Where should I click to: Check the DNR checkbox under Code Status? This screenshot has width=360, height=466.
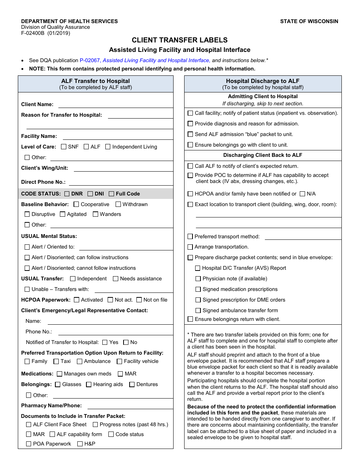coord(67,194)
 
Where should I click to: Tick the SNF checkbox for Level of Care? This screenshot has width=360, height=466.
coord(64,147)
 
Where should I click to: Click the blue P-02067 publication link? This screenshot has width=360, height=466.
coord(90,60)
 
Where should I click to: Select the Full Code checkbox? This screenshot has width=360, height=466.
coord(111,194)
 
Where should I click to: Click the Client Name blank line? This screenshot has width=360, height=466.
coord(115,105)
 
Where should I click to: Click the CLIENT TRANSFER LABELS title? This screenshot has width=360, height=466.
coord(180,40)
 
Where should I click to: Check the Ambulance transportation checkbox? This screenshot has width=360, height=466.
coord(80,361)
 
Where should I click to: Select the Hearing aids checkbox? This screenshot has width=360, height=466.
coord(89,384)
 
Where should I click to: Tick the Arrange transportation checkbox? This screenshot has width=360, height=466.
coord(190,247)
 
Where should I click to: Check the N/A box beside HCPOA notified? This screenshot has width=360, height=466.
coord(302,194)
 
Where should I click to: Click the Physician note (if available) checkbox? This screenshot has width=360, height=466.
coord(198,279)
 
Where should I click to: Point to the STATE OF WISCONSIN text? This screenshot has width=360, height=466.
coord(309,21)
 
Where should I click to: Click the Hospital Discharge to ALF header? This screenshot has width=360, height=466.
coord(263,81)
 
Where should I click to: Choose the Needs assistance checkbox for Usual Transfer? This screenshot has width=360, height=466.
coord(116,278)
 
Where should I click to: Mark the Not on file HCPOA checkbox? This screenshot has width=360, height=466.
coord(139,300)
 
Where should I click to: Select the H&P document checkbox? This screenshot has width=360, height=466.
coord(80,444)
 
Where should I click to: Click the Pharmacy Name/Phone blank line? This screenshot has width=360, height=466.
coord(130,406)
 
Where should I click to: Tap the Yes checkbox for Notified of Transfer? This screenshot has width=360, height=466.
coord(105,342)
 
